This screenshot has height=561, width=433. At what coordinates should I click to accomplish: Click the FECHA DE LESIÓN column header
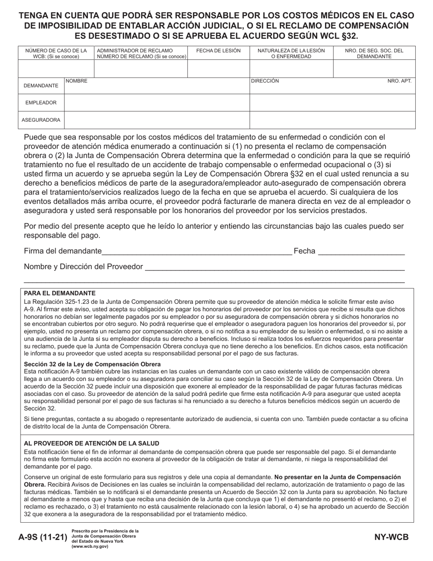[x=218, y=51]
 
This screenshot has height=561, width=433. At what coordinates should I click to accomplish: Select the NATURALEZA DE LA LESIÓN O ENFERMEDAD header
[x=291, y=53]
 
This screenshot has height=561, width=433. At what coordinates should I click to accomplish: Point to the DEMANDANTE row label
[x=41, y=86]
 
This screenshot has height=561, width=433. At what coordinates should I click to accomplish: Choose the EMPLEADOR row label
[x=41, y=103]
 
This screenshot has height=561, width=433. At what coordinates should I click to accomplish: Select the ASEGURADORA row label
[x=41, y=120]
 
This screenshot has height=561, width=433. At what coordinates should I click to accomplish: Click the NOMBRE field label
[x=77, y=81]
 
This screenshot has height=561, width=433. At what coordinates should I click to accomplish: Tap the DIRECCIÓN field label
[x=265, y=81]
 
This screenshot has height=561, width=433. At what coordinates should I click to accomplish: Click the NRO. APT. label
[x=399, y=81]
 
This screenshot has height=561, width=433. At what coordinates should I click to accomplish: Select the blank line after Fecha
[x=361, y=252]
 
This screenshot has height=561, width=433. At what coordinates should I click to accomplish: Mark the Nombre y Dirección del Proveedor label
[x=83, y=267]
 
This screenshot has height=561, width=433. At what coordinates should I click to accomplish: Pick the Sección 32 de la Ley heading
[x=92, y=364]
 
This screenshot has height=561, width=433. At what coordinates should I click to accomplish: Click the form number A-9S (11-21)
[x=44, y=537]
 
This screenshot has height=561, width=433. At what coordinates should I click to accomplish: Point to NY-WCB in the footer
[x=391, y=537]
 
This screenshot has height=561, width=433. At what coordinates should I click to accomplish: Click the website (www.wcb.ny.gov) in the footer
[x=90, y=546]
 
